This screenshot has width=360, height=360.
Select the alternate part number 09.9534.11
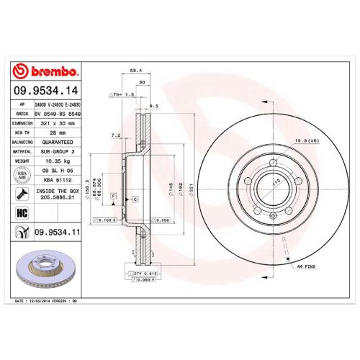[56, 230]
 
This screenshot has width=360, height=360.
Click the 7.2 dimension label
[115, 135]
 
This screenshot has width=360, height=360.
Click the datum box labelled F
[113, 186]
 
